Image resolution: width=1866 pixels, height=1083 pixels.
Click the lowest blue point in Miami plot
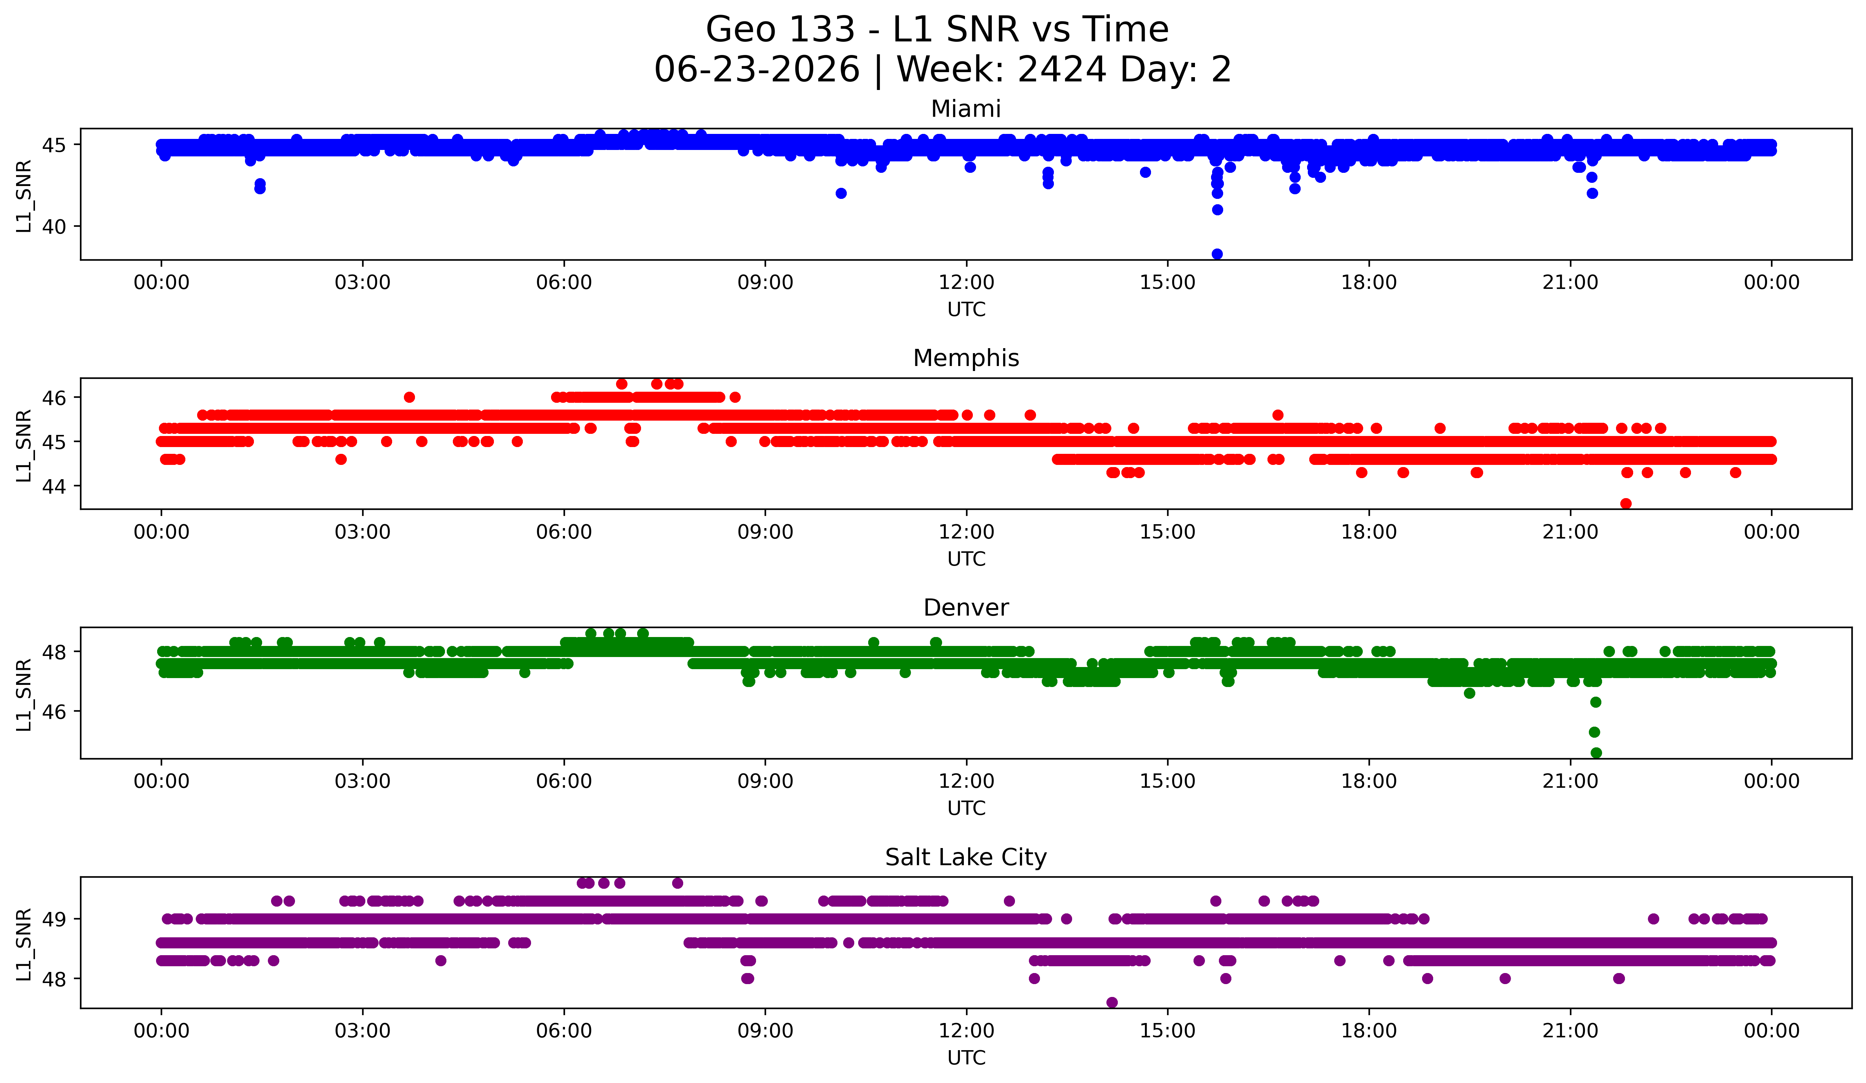coord(1217,254)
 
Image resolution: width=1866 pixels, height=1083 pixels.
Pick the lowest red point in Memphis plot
coord(1626,503)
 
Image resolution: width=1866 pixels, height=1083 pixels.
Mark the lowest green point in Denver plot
coord(1596,753)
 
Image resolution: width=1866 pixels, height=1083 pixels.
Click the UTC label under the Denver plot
coord(966,808)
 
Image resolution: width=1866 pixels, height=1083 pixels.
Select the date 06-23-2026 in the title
coord(757,70)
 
